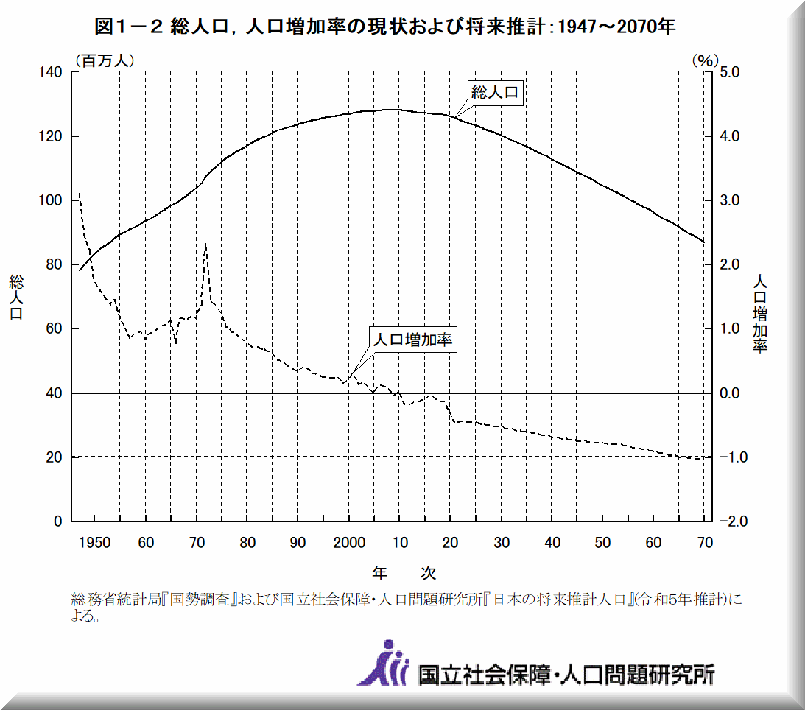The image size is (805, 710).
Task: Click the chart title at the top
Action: coord(386,27)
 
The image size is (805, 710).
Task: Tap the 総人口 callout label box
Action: coord(496,92)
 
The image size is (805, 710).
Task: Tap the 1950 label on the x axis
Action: coord(96,543)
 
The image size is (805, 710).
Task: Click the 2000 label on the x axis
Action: coord(350,543)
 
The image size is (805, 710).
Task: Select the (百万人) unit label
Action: coord(104,60)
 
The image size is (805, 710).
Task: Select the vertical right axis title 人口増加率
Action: coord(760,313)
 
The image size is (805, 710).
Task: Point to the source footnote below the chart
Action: coord(405,606)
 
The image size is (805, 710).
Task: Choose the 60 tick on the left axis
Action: coord(55,328)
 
